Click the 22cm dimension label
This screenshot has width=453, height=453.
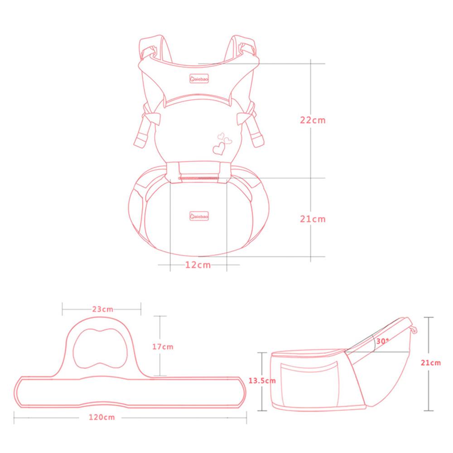tap(313, 120)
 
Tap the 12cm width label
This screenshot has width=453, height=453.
tap(198, 265)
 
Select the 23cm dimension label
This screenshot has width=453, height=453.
tap(102, 309)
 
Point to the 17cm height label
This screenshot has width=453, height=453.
tap(163, 347)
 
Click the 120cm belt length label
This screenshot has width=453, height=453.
tap(101, 417)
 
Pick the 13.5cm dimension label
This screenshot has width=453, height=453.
tap(262, 381)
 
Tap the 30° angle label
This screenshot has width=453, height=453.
tap(382, 341)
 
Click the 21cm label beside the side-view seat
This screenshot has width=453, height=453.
tap(431, 363)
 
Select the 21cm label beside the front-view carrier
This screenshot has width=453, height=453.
tap(313, 219)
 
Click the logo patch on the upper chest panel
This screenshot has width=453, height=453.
tap(199, 78)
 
